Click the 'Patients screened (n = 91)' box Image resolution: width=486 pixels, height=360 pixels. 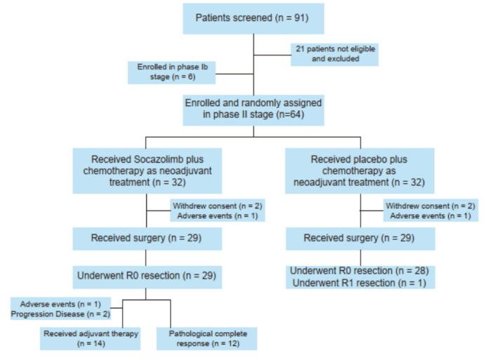point(253,18)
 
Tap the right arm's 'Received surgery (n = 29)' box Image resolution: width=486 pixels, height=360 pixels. point(360,239)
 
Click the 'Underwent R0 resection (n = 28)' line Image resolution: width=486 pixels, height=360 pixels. point(360,270)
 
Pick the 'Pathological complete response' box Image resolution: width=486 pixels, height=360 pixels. point(207,338)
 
